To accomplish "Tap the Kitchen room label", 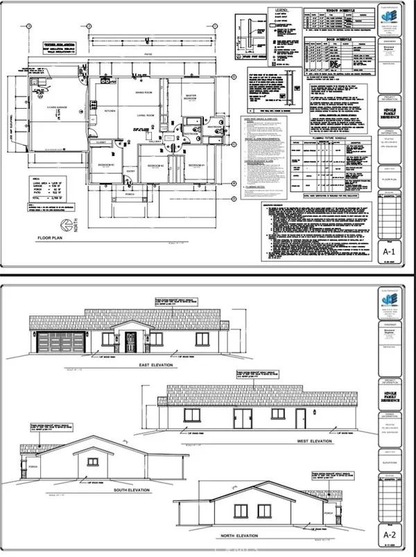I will tap(110, 111).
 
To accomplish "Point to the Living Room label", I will tap(144, 115).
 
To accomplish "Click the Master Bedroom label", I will tap(192, 98).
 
